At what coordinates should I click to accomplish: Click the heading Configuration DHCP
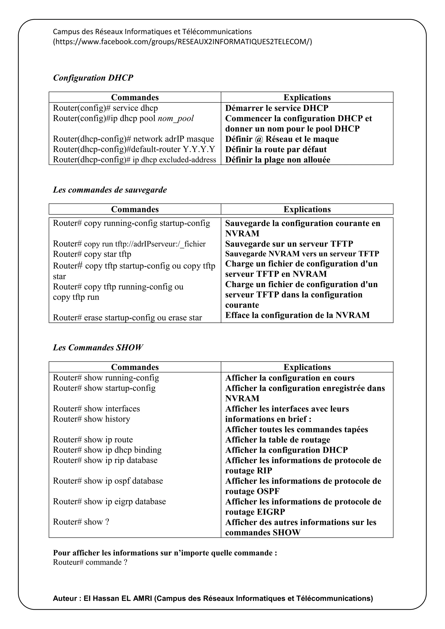[93, 78]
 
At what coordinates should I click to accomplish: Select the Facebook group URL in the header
[183, 42]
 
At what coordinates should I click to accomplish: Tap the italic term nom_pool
[176, 118]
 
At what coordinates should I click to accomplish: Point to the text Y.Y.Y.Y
[199, 149]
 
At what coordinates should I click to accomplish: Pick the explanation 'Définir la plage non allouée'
[277, 160]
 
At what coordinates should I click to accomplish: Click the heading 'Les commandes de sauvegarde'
[110, 190]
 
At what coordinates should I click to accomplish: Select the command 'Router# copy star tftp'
[92, 254]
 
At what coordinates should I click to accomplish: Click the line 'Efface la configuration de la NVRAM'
[297, 315]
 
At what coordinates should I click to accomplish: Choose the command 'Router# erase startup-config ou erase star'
[127, 318]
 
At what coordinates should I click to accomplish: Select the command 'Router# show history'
[91, 419]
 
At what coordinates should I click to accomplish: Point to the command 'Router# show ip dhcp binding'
[107, 450]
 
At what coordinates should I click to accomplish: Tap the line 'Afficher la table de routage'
[277, 440]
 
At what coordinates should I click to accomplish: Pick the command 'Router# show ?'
[81, 522]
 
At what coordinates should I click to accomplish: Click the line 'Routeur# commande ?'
[90, 562]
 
